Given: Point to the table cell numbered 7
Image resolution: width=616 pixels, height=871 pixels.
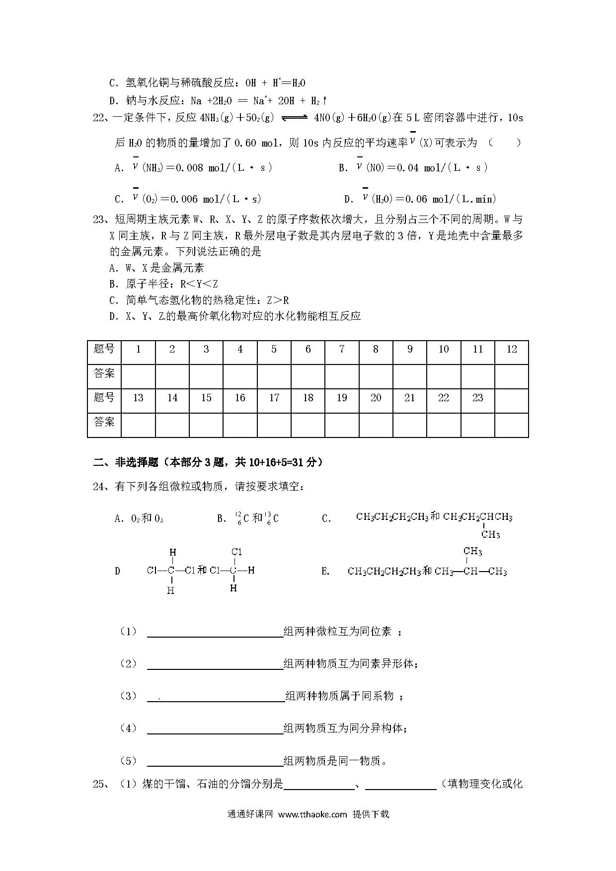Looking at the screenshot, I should pyautogui.click(x=342, y=350).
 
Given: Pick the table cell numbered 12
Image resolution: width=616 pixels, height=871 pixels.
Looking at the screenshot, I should pyautogui.click(x=512, y=350).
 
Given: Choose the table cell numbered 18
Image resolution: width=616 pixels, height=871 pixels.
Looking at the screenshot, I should pyautogui.click(x=308, y=398).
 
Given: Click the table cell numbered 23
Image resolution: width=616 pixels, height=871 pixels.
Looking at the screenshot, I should pyautogui.click(x=478, y=398).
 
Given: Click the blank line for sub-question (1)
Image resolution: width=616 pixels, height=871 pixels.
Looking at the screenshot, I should pyautogui.click(x=215, y=632).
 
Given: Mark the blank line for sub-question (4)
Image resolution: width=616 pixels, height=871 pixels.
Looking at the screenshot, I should pyautogui.click(x=215, y=728).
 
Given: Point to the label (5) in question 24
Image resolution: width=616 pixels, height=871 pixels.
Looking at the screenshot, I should pyautogui.click(x=128, y=761).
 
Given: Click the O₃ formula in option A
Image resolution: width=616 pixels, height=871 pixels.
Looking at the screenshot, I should pyautogui.click(x=158, y=519).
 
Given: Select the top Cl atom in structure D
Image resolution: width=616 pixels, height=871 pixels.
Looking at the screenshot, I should pyautogui.click(x=236, y=552).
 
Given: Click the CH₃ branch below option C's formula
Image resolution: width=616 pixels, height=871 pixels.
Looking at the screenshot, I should pyautogui.click(x=490, y=535).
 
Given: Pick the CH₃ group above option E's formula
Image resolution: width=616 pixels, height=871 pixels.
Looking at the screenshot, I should pyautogui.click(x=472, y=551).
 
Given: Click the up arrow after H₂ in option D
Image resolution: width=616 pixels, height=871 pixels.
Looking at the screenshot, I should pyautogui.click(x=324, y=101).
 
